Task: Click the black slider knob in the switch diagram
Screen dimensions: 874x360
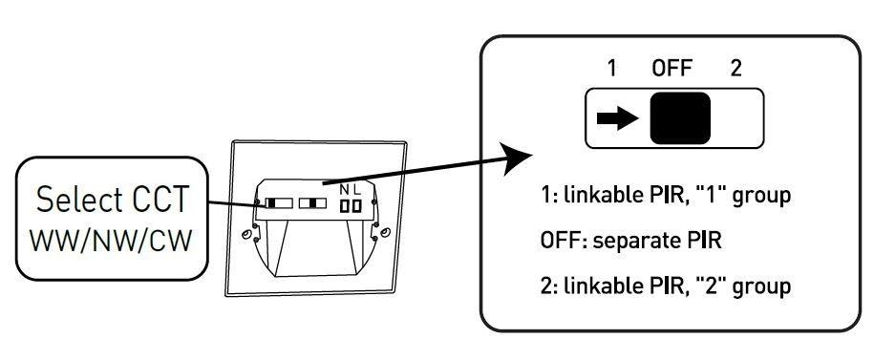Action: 680,118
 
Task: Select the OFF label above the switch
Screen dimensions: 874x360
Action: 672,69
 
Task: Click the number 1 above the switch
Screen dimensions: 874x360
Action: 611,69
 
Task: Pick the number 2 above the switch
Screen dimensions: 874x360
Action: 736,69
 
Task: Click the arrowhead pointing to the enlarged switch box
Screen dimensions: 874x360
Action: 515,159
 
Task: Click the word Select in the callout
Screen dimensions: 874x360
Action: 78,199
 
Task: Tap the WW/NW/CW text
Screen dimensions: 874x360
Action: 112,241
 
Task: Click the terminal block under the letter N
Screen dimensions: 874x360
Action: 345,207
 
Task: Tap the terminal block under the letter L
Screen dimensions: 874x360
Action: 356,207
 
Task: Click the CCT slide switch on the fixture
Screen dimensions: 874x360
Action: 279,202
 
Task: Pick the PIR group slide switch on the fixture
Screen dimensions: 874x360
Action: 312,202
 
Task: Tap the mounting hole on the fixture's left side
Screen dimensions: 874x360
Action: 245,235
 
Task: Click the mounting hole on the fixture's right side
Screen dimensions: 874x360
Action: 386,232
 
